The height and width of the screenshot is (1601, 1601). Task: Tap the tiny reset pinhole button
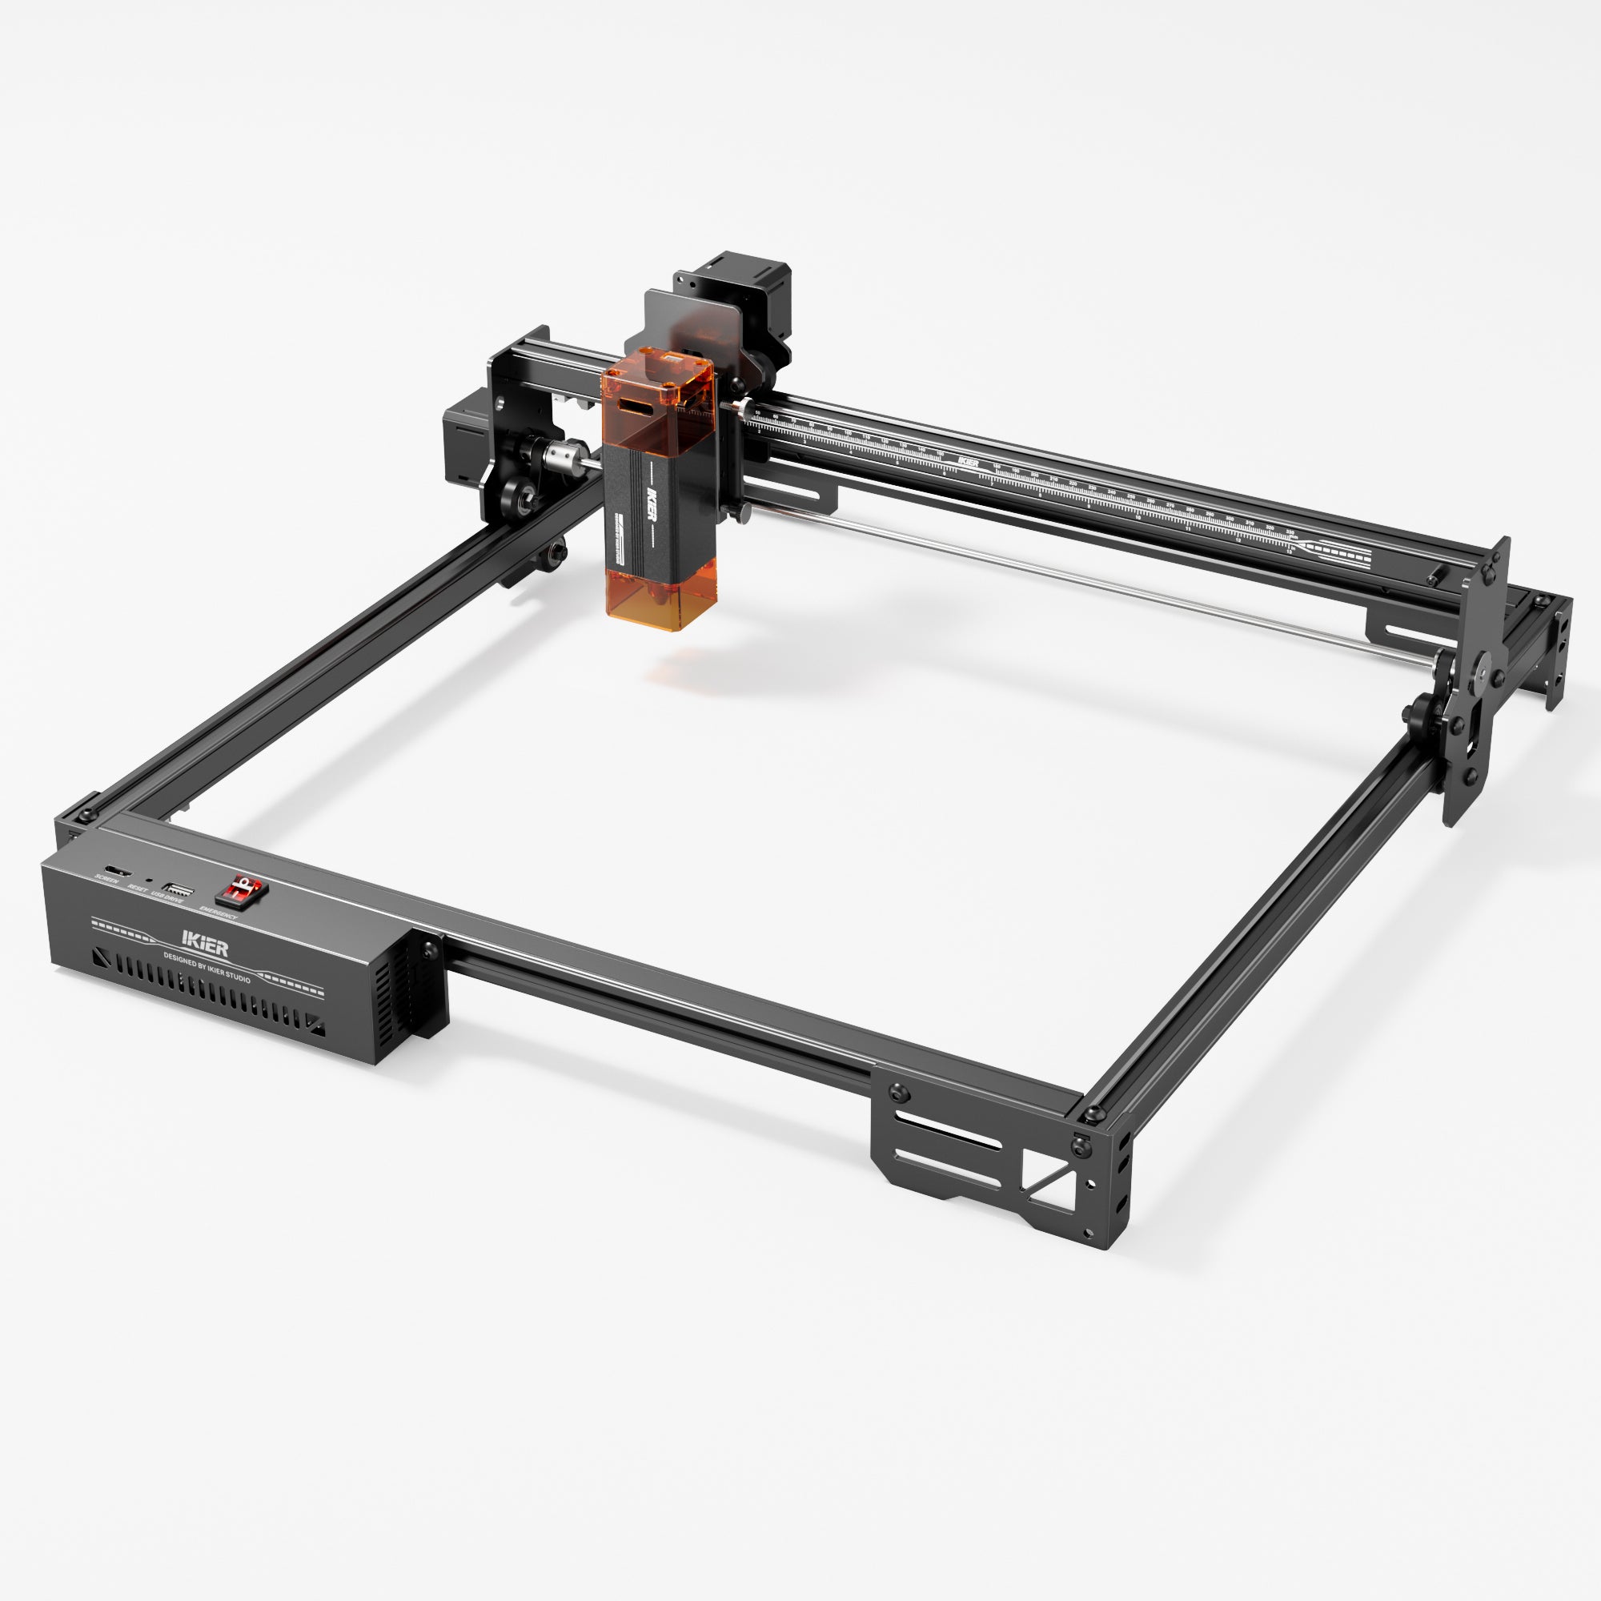pos(148,881)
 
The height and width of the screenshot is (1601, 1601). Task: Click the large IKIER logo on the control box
pos(205,944)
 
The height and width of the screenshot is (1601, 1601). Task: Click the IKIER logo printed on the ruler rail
pos(967,460)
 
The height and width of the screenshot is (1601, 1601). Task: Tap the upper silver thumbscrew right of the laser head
pos(744,407)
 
